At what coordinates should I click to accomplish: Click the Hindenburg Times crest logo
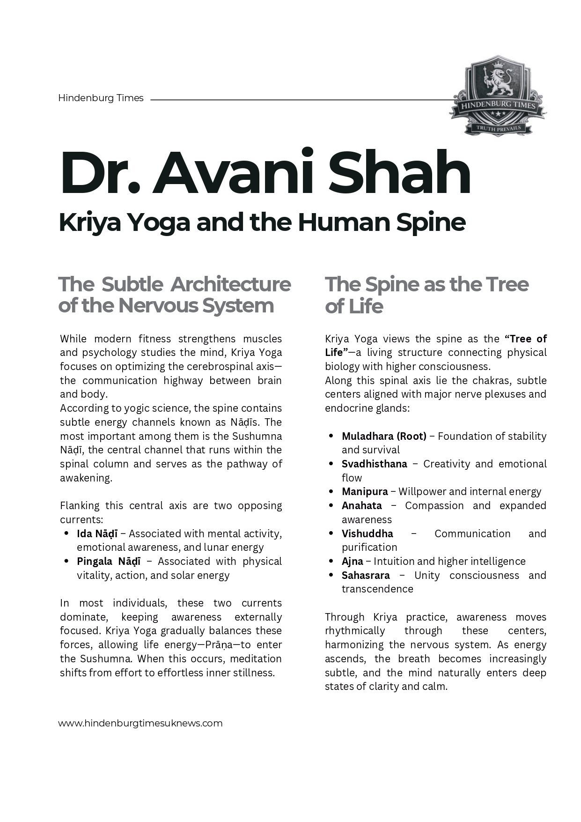click(498, 96)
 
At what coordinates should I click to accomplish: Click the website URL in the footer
click(140, 723)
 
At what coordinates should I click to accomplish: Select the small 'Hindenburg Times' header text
click(101, 98)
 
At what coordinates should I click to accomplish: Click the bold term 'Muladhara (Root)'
click(384, 436)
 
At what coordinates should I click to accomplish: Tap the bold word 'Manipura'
click(365, 491)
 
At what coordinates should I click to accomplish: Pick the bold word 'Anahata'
click(361, 505)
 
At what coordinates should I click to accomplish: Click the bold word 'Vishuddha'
click(367, 533)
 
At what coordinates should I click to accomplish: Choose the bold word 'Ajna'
click(352, 561)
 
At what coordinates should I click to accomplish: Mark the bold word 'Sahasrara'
click(365, 575)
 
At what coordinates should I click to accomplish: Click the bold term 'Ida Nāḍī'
click(97, 533)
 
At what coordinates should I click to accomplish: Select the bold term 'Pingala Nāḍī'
click(109, 561)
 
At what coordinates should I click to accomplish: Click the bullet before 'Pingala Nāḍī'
click(66, 561)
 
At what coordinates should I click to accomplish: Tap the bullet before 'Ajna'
click(331, 561)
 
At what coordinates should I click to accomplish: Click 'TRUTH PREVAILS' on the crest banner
click(498, 127)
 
